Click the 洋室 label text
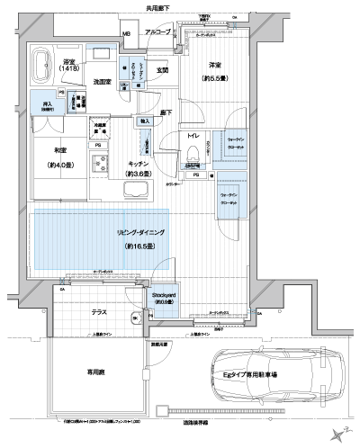pos(213,66)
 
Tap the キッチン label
pos(139,165)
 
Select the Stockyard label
pos(163,295)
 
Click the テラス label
pos(99,312)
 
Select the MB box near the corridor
pos(126,34)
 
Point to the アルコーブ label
pos(158,32)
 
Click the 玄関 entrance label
pos(162,69)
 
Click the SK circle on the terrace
pos(136,318)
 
